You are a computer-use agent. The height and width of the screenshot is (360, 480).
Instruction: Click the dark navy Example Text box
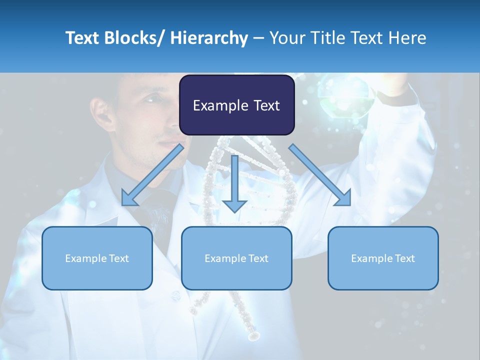[236, 105]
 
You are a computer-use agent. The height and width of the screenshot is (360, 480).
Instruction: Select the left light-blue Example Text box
[97, 258]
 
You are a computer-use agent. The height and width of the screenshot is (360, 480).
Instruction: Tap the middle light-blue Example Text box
[236, 258]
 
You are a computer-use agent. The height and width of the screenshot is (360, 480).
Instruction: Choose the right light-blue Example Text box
[383, 258]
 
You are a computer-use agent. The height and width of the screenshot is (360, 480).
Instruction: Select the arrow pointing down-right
[320, 175]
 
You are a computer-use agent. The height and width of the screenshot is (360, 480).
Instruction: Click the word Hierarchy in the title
[209, 38]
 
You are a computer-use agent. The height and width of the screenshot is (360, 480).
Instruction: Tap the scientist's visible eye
[152, 99]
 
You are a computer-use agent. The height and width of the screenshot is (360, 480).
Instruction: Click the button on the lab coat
[174, 296]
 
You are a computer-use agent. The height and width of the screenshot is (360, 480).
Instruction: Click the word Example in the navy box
[216, 105]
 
